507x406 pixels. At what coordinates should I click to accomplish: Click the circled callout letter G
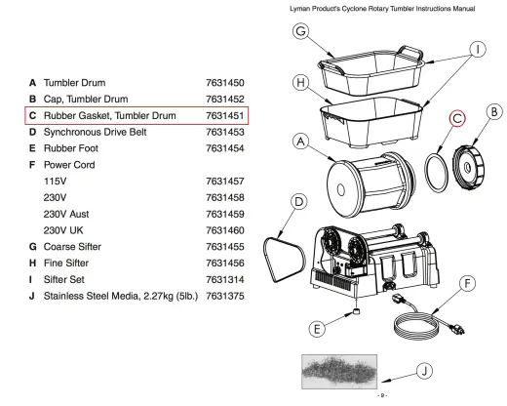click(x=300, y=31)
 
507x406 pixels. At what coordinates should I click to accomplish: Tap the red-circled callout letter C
click(x=457, y=118)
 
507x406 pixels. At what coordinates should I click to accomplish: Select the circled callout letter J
click(x=424, y=371)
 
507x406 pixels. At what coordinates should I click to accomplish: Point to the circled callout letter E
click(x=317, y=329)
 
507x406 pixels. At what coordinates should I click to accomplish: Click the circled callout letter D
click(x=298, y=202)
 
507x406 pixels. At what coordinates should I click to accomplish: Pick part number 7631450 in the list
click(x=225, y=83)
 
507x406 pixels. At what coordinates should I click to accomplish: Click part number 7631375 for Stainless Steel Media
click(x=225, y=296)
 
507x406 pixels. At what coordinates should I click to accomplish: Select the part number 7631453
click(x=225, y=132)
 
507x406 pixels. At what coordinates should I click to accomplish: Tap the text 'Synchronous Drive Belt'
click(x=95, y=132)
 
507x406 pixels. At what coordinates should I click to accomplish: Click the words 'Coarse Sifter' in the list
click(x=72, y=247)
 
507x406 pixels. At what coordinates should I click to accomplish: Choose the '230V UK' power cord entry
click(x=63, y=230)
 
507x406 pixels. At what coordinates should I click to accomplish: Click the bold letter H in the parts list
click(x=32, y=263)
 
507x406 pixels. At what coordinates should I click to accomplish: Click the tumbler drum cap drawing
click(x=468, y=167)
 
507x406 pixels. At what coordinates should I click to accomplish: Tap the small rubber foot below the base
click(x=356, y=311)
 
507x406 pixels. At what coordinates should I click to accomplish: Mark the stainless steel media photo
click(x=339, y=372)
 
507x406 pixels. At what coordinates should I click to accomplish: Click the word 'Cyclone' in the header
click(x=354, y=9)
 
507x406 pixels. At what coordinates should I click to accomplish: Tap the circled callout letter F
click(x=468, y=284)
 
